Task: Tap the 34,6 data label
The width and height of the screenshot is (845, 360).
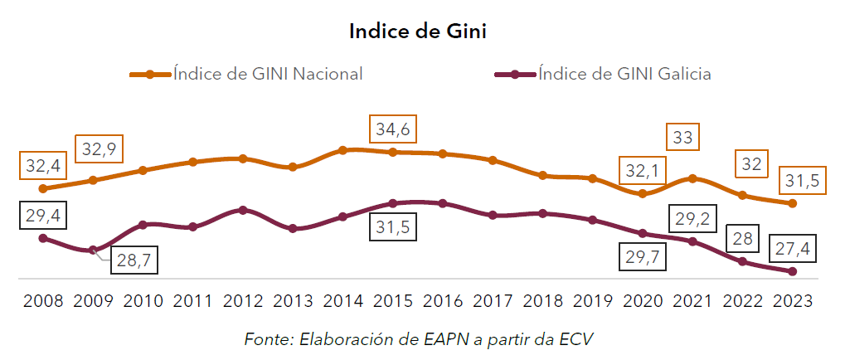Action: pyautogui.click(x=391, y=130)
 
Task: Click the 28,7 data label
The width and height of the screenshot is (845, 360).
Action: pyautogui.click(x=133, y=260)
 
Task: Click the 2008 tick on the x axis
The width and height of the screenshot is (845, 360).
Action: pyautogui.click(x=43, y=300)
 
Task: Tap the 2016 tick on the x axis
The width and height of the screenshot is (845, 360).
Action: pyautogui.click(x=443, y=300)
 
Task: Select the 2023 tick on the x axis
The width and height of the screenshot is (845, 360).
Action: pyautogui.click(x=793, y=300)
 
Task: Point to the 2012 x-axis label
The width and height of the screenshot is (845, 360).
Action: pyautogui.click(x=242, y=300)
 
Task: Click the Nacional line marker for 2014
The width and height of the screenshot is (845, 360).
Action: pyautogui.click(x=342, y=150)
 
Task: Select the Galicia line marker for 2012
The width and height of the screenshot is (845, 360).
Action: pyautogui.click(x=242, y=210)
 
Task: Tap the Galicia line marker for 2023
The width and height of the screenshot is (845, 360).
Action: pyautogui.click(x=793, y=271)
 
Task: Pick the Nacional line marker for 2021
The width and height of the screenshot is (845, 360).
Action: pyautogui.click(x=692, y=178)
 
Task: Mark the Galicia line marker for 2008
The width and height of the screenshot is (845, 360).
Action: pyautogui.click(x=43, y=238)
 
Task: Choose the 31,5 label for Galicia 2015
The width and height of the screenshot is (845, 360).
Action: pyautogui.click(x=391, y=226)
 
